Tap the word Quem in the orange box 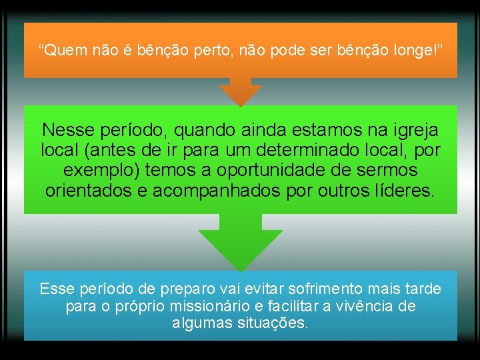tap(62, 50)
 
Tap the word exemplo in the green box tap(100, 170)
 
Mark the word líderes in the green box tap(400, 191)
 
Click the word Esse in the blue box tap(57, 289)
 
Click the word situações tap(269, 323)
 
